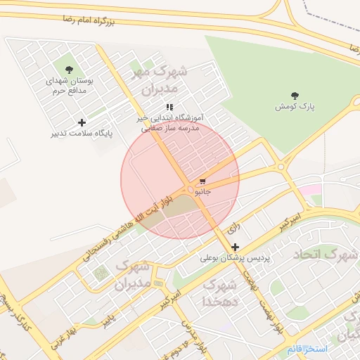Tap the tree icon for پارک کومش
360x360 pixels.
pyautogui.click(x=294, y=96)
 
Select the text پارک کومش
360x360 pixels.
pyautogui.click(x=294, y=107)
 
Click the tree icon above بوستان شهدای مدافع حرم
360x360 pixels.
pyautogui.click(x=69, y=70)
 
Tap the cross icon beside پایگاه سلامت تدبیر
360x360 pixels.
pyautogui.click(x=82, y=122)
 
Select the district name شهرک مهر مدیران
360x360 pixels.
pyautogui.click(x=160, y=81)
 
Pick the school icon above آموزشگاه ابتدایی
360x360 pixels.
pyautogui.click(x=169, y=107)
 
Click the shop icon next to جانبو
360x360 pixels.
pyautogui.click(x=202, y=181)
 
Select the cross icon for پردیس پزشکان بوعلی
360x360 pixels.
pyautogui.click(x=235, y=247)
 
